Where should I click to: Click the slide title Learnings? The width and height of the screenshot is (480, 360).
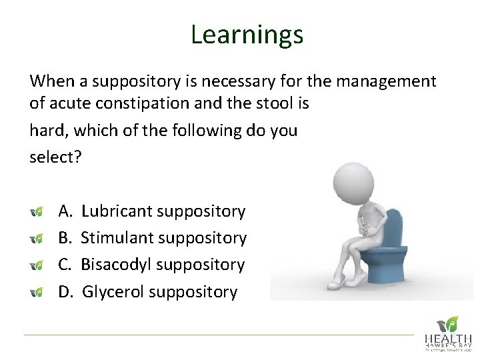coord(247,34)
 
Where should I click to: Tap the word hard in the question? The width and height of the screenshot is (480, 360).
coord(44,129)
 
